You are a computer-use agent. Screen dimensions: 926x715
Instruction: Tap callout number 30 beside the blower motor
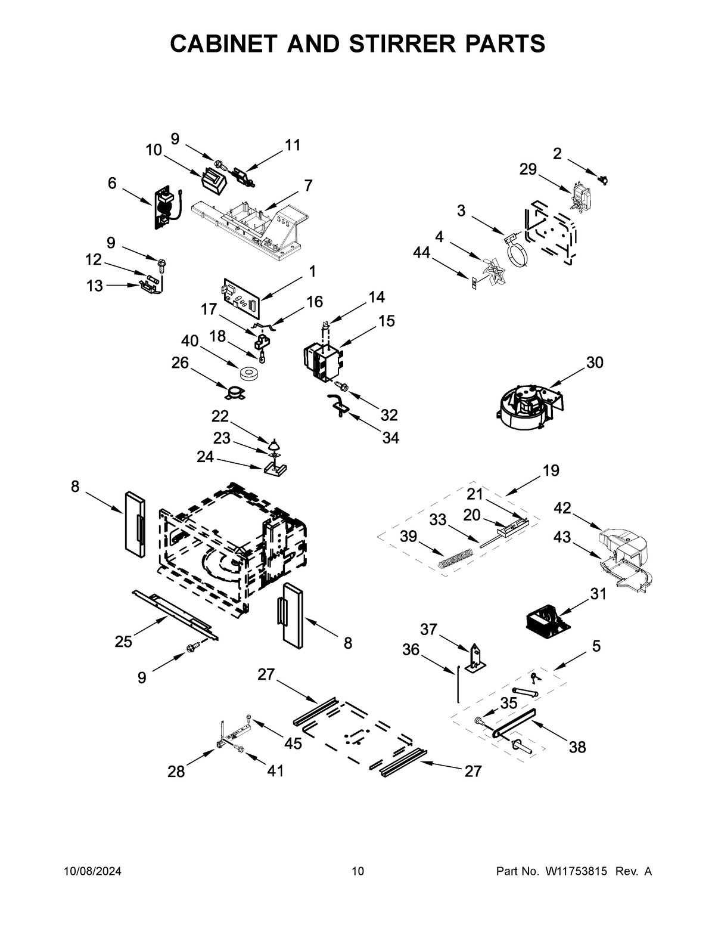coord(595,362)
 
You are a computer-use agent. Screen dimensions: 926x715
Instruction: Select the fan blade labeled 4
coord(494,271)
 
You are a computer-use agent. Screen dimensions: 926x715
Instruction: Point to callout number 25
coord(123,642)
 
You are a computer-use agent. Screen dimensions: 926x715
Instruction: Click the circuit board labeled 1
coord(241,295)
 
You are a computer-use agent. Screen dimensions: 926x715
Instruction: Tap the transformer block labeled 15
coord(322,362)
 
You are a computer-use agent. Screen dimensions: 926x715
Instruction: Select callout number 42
coord(562,508)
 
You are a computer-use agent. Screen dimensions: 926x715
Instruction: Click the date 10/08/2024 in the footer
coord(92,872)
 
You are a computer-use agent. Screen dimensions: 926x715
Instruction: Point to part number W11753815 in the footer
coord(576,872)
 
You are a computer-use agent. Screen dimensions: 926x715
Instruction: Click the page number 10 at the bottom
coord(357,872)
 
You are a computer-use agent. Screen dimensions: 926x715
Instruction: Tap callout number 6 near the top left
coord(112,183)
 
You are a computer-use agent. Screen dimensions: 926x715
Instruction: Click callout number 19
coord(551,470)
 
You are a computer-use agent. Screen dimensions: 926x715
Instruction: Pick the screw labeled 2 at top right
coord(604,178)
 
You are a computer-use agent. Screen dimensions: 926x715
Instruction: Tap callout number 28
coord(176,772)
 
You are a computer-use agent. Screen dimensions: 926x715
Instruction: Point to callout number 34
coord(390,438)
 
